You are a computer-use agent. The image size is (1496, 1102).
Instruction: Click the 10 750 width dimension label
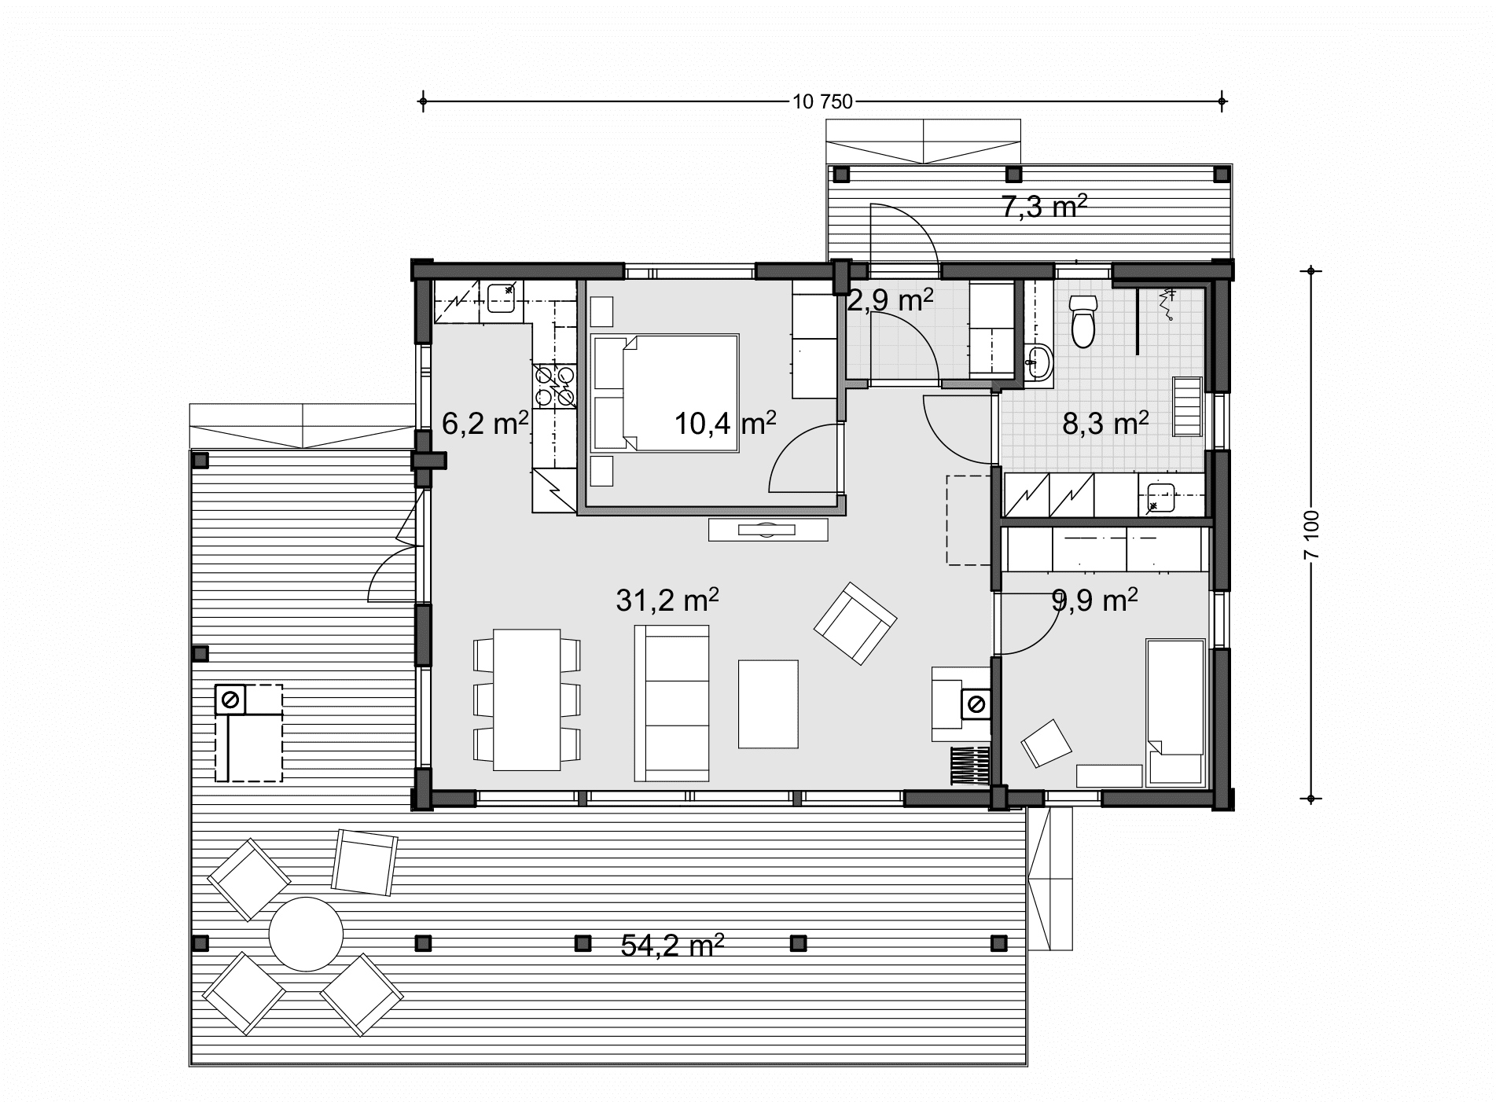(x=823, y=101)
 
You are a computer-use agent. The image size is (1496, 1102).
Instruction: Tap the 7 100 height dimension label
(x=1310, y=535)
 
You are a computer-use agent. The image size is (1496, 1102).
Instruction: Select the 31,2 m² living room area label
(x=667, y=601)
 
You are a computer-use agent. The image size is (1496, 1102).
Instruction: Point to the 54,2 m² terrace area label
(x=672, y=946)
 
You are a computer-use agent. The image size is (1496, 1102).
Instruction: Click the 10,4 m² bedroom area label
(x=726, y=424)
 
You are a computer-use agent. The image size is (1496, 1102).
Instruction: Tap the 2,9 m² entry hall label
(x=890, y=300)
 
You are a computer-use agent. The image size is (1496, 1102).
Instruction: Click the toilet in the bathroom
(x=1083, y=321)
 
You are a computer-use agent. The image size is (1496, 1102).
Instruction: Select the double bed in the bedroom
(x=665, y=393)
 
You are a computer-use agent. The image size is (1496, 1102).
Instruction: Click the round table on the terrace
(x=306, y=935)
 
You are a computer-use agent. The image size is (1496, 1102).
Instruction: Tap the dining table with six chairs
(x=527, y=700)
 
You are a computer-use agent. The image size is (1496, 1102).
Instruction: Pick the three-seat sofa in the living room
(x=672, y=703)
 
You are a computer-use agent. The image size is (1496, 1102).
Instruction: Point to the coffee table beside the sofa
(x=768, y=703)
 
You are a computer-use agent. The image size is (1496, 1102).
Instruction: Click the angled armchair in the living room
(x=855, y=623)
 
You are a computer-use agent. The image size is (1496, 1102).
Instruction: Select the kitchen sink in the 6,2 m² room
(x=501, y=298)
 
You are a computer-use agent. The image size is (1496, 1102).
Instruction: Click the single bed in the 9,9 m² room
(x=1175, y=712)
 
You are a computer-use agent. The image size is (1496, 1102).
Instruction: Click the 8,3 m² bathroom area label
(x=1106, y=424)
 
